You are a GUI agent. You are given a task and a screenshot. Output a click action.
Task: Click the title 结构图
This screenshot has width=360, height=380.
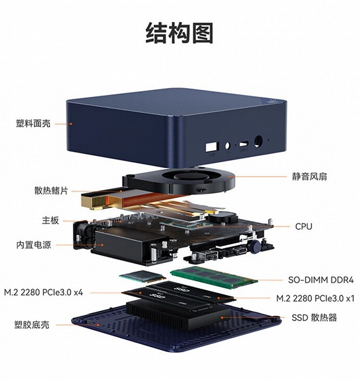[179, 33]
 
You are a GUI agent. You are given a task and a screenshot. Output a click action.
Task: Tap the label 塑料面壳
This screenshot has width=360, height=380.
[33, 123]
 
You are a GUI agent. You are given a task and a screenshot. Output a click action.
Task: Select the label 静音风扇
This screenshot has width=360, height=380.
[309, 177]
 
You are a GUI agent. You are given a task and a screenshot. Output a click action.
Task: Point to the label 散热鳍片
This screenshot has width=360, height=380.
[51, 191]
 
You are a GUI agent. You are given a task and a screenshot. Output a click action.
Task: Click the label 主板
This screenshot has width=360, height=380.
[51, 220]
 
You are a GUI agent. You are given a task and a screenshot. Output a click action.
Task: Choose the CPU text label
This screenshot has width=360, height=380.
[304, 227]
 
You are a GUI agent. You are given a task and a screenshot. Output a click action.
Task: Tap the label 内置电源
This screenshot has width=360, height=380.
[34, 244]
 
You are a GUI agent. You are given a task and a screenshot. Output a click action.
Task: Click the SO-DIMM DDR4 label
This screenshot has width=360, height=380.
[321, 280]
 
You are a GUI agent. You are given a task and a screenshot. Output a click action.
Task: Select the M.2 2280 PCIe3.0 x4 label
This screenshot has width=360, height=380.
[44, 293]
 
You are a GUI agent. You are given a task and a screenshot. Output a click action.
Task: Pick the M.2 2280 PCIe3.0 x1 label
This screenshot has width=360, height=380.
[316, 298]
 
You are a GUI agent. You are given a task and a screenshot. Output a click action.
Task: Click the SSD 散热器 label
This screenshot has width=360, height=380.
[314, 317]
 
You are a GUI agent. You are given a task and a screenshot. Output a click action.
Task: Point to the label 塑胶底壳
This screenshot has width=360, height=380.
[32, 325]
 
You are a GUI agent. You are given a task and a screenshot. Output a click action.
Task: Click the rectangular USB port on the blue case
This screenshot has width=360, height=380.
[212, 147]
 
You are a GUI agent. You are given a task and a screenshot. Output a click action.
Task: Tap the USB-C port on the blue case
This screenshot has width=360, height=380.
[243, 144]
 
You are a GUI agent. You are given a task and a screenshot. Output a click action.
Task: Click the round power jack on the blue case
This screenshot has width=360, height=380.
[258, 141]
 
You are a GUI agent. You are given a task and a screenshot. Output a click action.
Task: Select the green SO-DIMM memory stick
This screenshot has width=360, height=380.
[214, 277]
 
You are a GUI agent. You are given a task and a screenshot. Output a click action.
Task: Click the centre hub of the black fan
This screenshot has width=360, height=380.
[188, 175]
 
